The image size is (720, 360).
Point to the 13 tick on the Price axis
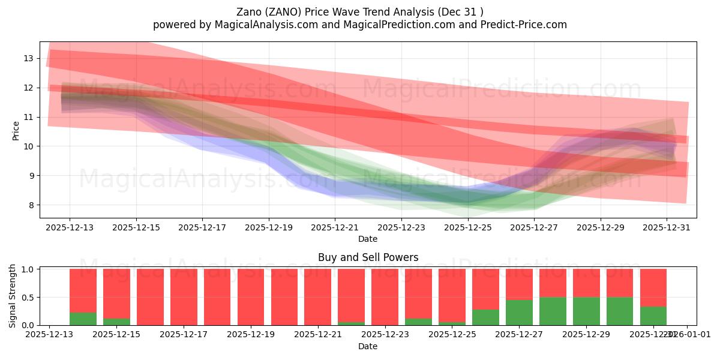[x=28, y=58]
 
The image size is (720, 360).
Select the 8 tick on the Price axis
[x=30, y=205]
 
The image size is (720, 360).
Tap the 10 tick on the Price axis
[x=28, y=146]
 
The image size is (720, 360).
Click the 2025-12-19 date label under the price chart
[x=269, y=227]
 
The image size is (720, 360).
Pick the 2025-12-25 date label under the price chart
[x=468, y=227]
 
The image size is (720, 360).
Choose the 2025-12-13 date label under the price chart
[x=70, y=227]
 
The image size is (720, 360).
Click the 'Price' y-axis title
[x=16, y=130]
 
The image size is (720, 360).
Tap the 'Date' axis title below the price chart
[x=368, y=239]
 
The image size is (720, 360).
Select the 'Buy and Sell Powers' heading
[x=368, y=257]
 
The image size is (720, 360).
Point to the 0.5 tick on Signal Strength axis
[x=28, y=298]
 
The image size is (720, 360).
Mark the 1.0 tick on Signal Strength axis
[x=28, y=269]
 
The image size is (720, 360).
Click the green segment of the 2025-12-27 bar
[x=519, y=313]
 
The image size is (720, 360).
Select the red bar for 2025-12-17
[x=184, y=297]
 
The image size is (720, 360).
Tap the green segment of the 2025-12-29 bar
[x=586, y=311]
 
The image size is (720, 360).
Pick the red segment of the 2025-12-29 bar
[x=586, y=283]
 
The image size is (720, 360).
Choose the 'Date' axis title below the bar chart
[x=368, y=346]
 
